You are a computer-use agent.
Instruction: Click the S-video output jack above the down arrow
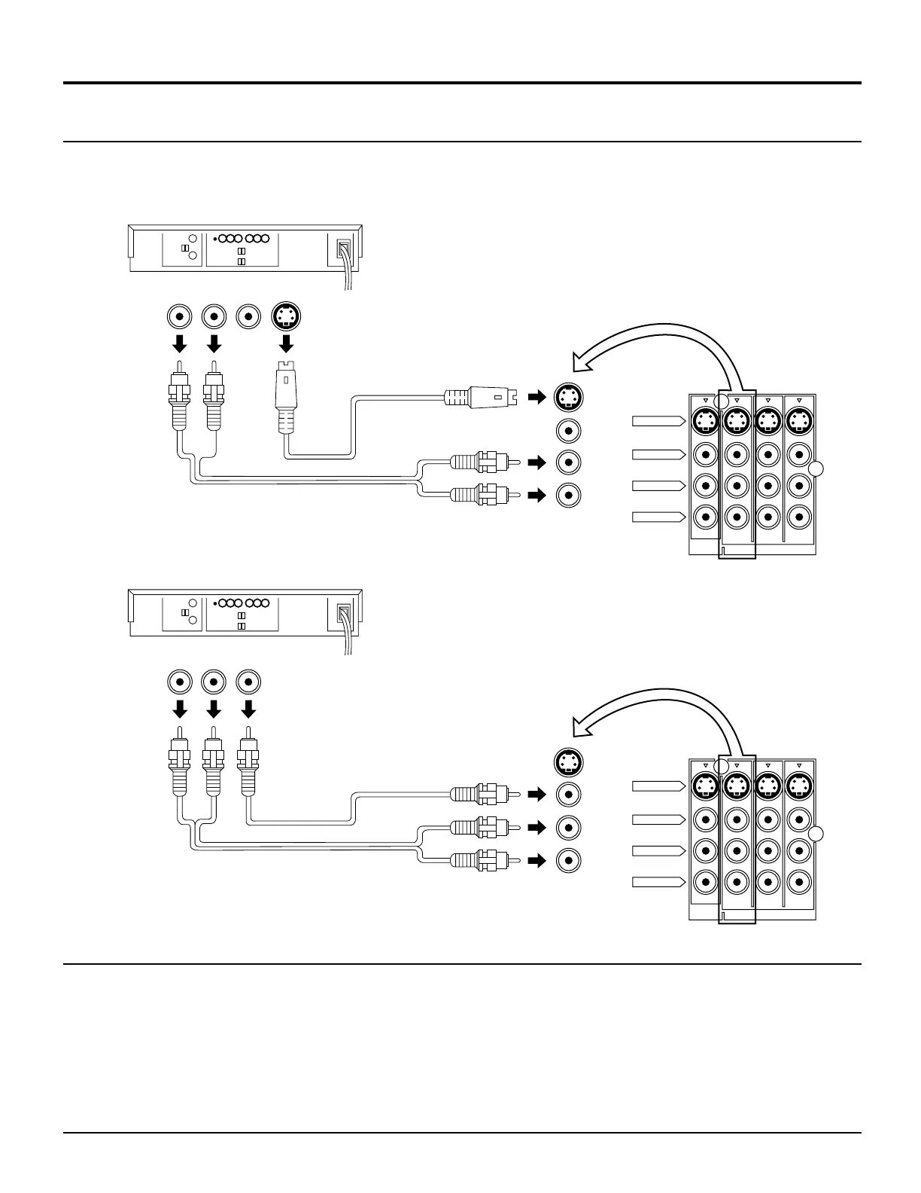286,317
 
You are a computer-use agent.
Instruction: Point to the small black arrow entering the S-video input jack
536,396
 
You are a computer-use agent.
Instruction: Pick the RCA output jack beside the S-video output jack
249,317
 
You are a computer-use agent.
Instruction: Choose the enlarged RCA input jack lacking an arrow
569,432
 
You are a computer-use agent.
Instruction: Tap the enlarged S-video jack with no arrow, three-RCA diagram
569,762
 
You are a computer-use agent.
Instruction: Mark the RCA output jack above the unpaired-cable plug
249,682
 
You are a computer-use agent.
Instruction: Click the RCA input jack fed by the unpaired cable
569,794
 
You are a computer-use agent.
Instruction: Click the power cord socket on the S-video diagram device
343,249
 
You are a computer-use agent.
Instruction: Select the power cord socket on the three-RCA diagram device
343,615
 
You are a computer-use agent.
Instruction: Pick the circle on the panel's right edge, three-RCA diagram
817,834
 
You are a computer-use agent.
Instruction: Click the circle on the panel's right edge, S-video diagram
817,469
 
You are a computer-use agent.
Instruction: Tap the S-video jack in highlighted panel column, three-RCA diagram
736,786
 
